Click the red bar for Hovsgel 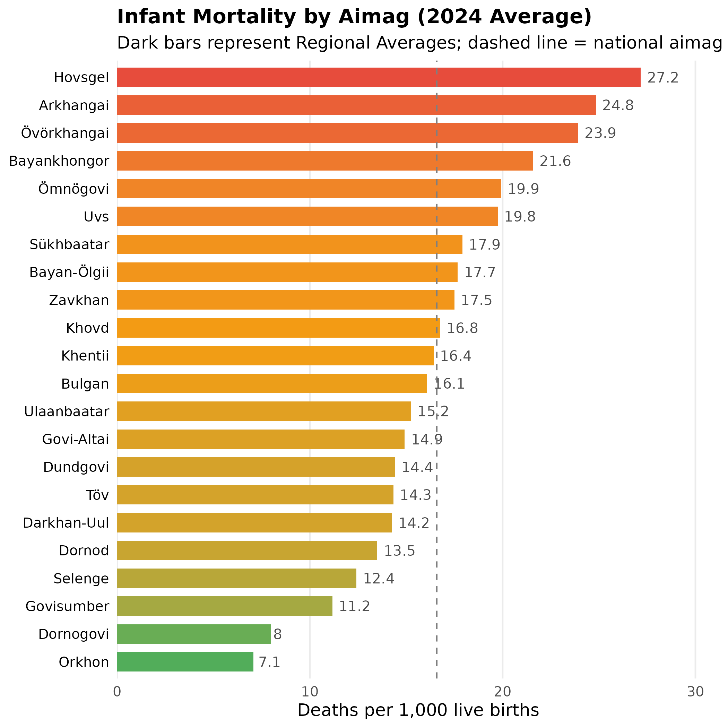tap(378, 77)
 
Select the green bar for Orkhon tap(185, 662)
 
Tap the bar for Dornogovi tap(194, 634)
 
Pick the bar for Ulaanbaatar tap(264, 411)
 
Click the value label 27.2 tap(662, 78)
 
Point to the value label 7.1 tap(269, 662)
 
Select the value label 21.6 tap(555, 161)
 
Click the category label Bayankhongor tap(59, 161)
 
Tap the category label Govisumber tap(68, 606)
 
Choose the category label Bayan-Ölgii tap(69, 272)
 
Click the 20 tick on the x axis tap(502, 692)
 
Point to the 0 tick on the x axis tap(117, 692)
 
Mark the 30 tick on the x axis tap(695, 692)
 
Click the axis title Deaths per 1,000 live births tap(418, 710)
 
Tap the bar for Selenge tap(237, 578)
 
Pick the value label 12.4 tap(378, 578)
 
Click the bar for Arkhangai tap(356, 105)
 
